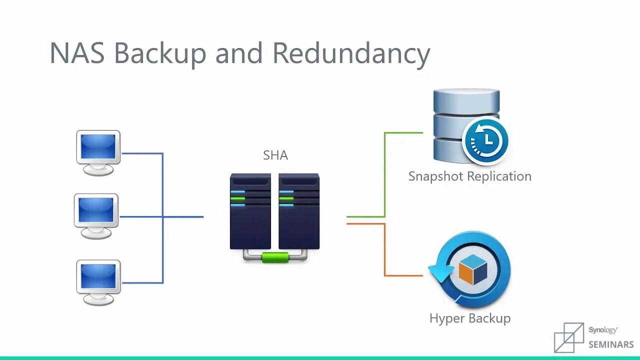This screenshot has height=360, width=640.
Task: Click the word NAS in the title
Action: (x=77, y=52)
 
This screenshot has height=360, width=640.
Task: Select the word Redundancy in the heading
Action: (x=351, y=53)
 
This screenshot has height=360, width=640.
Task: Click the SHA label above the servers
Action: (x=275, y=155)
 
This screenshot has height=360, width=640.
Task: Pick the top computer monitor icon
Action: (x=98, y=152)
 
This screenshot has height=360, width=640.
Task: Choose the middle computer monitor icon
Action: (x=96, y=215)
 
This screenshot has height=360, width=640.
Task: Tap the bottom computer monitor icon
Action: (x=98, y=281)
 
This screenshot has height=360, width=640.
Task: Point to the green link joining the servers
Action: (x=275, y=257)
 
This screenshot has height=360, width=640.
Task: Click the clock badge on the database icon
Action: (x=485, y=139)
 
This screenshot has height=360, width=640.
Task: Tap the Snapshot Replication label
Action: (x=469, y=176)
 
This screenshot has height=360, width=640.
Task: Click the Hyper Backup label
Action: (x=469, y=318)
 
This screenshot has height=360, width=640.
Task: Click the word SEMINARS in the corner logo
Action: (x=611, y=344)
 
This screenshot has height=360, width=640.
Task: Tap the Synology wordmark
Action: (x=602, y=330)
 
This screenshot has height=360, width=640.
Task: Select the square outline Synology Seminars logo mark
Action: (x=569, y=337)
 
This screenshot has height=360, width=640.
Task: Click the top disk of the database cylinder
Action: (x=466, y=99)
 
